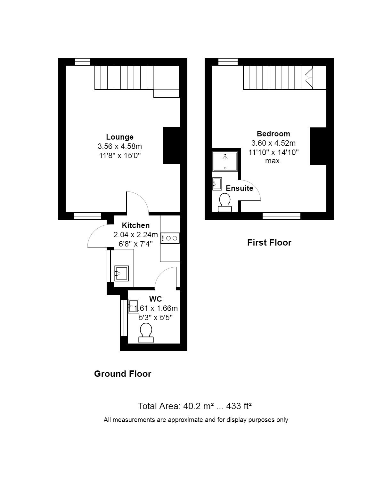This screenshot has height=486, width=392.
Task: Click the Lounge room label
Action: coord(120,137)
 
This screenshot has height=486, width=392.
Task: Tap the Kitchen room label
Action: coord(135,225)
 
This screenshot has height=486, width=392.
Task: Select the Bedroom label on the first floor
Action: coord(274,134)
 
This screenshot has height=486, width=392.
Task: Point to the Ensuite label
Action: coord(240,188)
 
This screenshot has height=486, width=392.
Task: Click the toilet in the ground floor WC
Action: coord(146,333)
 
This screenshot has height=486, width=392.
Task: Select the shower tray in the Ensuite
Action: coord(225,162)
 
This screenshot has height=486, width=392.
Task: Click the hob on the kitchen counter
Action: coord(170,238)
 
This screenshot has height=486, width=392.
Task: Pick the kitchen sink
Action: coord(121,273)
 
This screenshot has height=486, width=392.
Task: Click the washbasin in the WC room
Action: coord(133,306)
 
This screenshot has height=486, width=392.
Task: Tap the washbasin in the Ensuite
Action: coord(217,183)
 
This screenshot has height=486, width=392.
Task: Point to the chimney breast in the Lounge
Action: coord(171,145)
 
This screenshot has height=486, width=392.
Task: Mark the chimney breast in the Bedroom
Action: coord(318,146)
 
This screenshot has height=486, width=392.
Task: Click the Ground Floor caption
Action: coord(122,374)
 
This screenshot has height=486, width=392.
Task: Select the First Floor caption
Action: coord(269,243)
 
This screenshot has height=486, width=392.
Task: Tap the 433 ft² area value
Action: coord(239,406)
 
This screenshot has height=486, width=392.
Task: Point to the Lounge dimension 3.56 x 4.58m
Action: coord(120,146)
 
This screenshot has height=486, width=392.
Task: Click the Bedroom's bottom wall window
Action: coord(282,216)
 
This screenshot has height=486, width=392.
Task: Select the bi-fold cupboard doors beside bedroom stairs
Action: coord(309,78)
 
